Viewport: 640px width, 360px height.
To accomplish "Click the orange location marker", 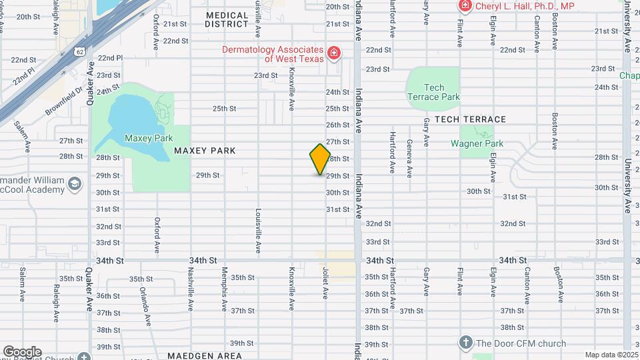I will pos(320,159).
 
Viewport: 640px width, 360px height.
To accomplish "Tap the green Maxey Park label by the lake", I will pos(149,138).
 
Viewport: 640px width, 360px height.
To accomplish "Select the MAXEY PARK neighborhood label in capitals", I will pos(205,151).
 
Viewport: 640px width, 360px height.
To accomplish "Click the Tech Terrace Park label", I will pos(433,92).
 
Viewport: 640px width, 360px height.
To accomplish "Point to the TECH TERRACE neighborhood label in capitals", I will pos(470,119).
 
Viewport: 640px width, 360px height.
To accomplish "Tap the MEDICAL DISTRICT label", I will pos(227,19).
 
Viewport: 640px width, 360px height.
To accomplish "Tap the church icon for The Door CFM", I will pos(466,343).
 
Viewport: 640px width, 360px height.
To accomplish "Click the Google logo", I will pos(21,351).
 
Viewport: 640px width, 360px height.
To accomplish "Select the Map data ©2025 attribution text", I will pos(611,355).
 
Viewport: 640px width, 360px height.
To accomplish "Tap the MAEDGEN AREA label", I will pos(204,356).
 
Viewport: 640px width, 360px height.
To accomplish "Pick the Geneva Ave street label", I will pos(409,158).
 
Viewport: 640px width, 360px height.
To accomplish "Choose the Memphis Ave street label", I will pos(225,283).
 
